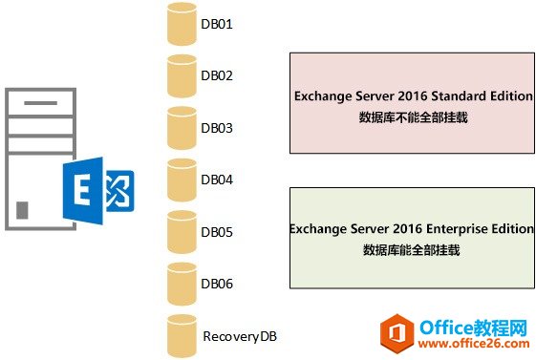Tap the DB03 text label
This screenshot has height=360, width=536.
click(218, 128)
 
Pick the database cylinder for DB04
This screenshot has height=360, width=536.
click(179, 179)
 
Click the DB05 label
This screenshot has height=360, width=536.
click(218, 232)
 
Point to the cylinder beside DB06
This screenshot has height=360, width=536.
click(179, 283)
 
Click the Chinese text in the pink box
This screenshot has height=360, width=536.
click(413, 117)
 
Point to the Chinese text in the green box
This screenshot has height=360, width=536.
click(412, 250)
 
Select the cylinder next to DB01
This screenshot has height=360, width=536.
click(179, 24)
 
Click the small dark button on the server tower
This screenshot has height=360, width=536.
click(22, 209)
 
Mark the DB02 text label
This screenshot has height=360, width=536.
click(218, 75)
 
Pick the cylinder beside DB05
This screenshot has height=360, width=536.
click(179, 231)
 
